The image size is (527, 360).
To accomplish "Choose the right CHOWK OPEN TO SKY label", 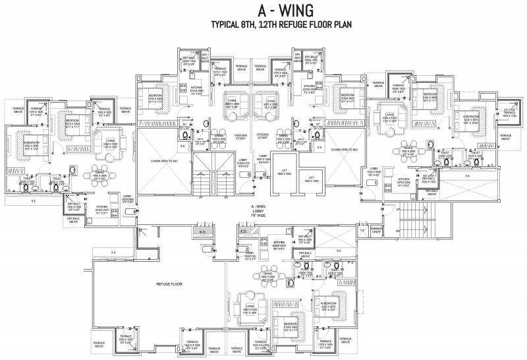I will click(345, 150).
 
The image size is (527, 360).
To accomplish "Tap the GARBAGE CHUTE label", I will click(377, 231).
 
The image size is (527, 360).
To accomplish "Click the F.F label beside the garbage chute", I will click(362, 231).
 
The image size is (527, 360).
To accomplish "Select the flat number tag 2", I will click(246, 249).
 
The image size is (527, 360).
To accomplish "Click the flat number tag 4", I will click(136, 211).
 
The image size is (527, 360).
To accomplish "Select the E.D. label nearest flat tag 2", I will click(244, 231).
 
